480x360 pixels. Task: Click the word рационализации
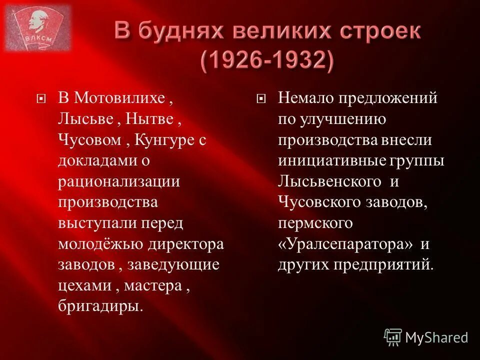click(118, 181)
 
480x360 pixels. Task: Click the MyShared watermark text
click(436, 337)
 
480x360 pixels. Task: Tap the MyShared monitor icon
click(392, 337)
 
